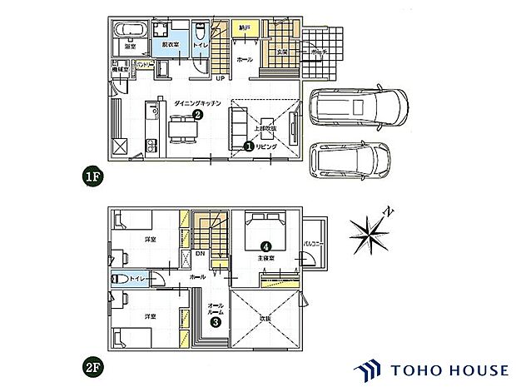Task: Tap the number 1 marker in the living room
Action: [248, 145]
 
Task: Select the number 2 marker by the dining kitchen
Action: [198, 115]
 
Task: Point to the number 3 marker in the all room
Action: [215, 323]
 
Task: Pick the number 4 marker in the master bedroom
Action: [265, 246]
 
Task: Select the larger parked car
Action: [359, 107]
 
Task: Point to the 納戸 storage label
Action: [243, 27]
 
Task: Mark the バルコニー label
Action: [312, 242]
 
